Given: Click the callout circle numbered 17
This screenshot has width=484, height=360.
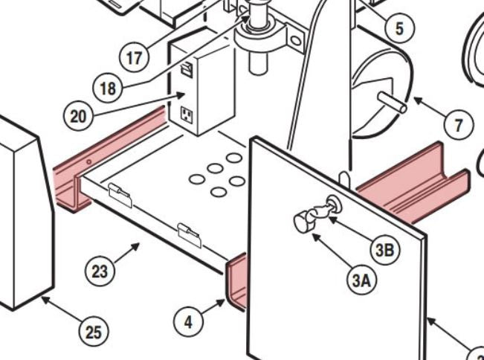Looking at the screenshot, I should (135, 57).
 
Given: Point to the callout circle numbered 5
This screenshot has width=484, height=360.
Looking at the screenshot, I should (399, 28).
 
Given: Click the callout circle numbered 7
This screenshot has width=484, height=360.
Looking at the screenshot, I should (459, 124).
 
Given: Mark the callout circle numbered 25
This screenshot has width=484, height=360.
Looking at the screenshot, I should (93, 332).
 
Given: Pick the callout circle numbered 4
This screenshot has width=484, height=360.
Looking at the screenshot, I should (188, 322).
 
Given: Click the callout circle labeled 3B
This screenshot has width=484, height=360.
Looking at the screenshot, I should (384, 250).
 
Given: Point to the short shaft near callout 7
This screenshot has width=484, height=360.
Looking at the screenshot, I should (393, 101).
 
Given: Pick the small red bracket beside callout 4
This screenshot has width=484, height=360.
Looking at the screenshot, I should (236, 280).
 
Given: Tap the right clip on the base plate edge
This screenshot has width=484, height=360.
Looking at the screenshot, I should (189, 234).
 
